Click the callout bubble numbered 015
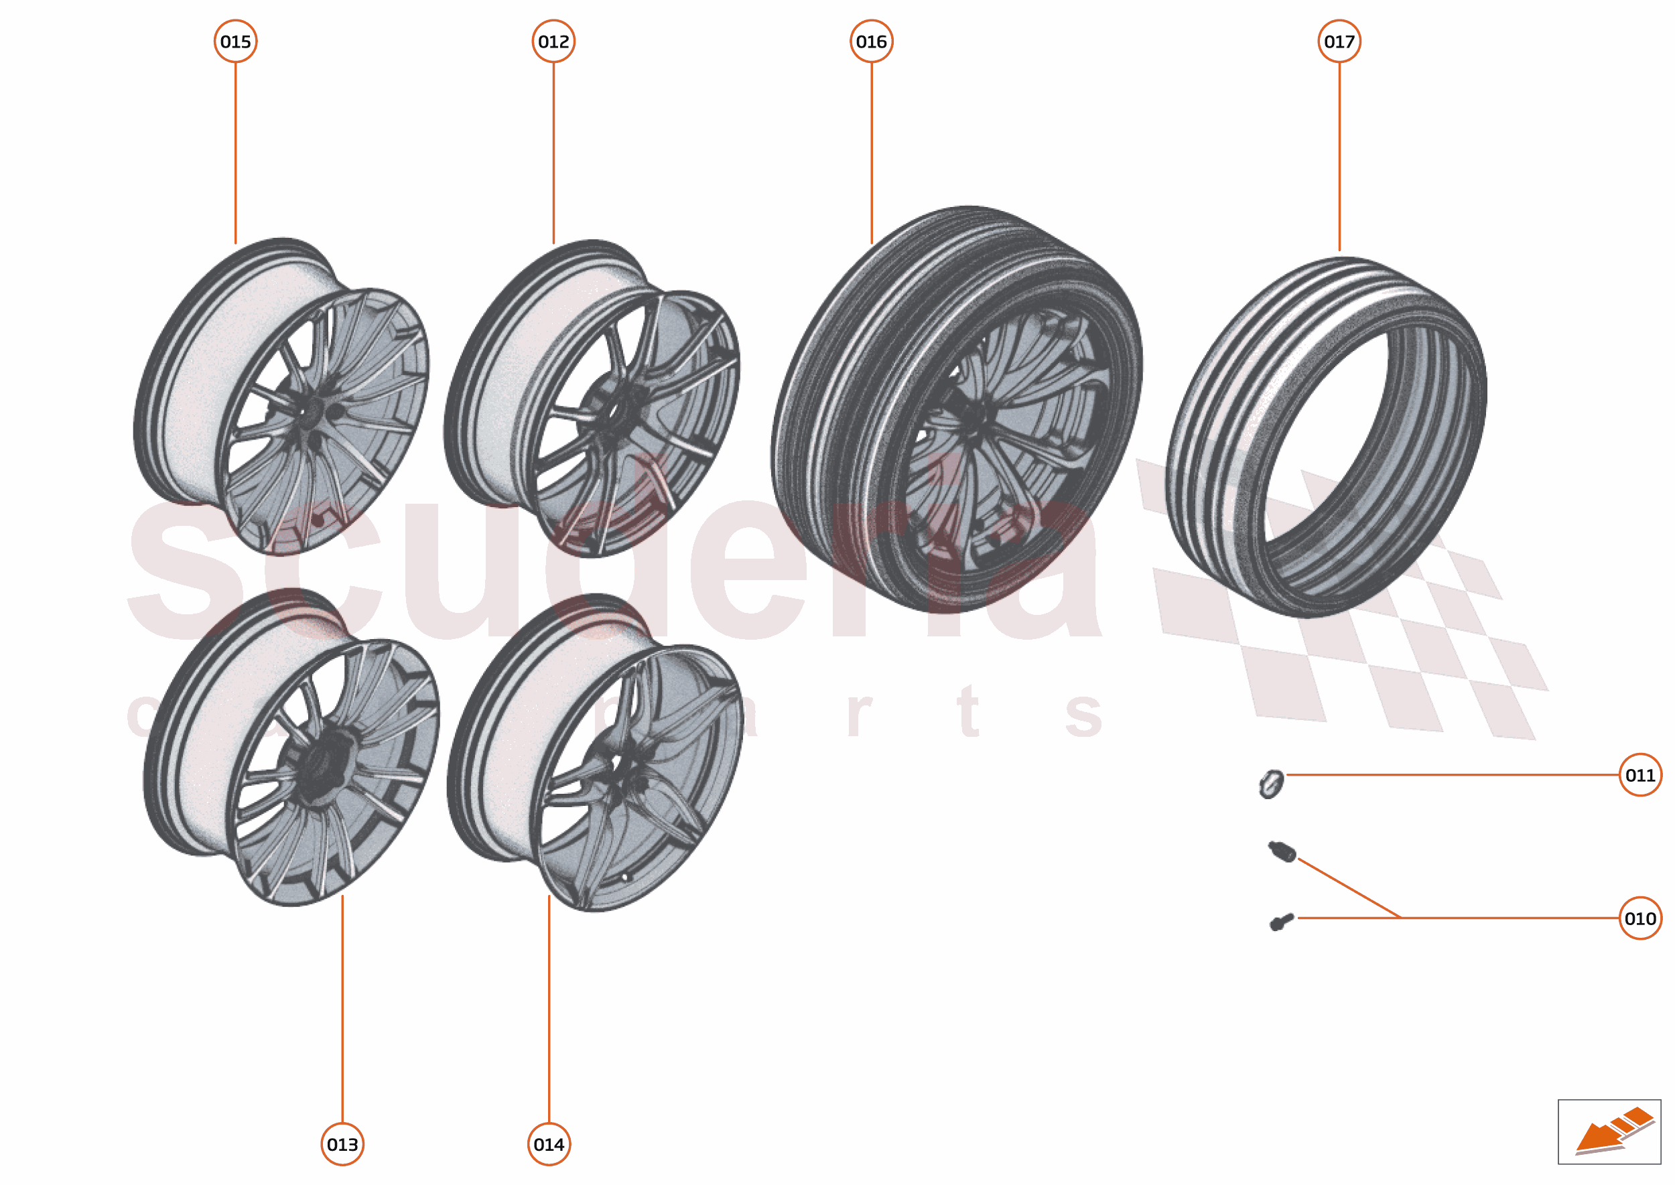(235, 42)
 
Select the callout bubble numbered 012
(553, 42)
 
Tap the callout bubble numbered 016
(872, 42)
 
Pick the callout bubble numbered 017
(1339, 42)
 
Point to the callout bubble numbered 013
(342, 1144)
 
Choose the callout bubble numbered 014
(549, 1144)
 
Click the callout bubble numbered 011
(1640, 775)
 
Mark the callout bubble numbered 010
(1640, 918)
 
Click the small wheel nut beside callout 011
(1271, 784)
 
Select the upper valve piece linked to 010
(1282, 851)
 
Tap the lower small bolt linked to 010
(1281, 922)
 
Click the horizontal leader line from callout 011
(1453, 775)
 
